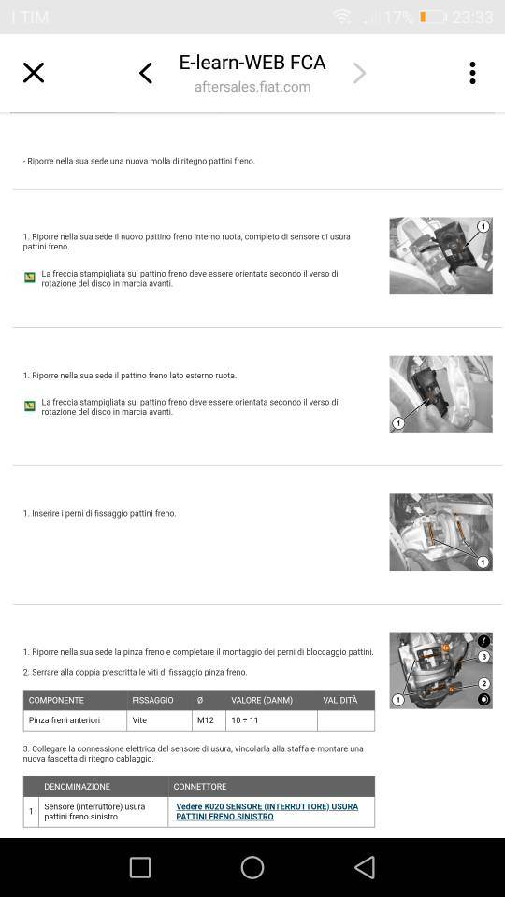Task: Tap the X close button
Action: point(34,73)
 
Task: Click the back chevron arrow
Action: point(146,73)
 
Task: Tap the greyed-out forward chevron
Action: point(359,73)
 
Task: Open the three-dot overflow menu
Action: point(472,73)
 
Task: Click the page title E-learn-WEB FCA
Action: point(252,62)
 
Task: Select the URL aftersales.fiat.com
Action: point(252,87)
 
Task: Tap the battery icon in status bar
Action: point(433,17)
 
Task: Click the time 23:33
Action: point(472,17)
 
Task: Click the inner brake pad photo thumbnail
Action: point(440,256)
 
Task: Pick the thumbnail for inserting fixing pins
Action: point(440,532)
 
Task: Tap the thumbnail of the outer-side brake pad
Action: point(440,394)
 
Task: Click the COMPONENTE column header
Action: point(56,700)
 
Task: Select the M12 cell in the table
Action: point(206,720)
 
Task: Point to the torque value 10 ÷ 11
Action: point(244,720)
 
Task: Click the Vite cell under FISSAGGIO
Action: point(139,720)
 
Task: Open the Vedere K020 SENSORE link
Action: point(267,811)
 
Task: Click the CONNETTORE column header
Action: point(200,787)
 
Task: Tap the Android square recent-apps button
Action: point(140,867)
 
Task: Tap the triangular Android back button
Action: point(365,867)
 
